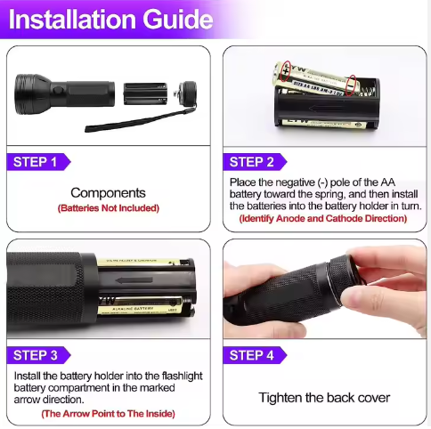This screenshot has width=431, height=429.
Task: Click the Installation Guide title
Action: [x=111, y=20]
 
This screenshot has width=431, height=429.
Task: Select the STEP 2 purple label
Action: [x=252, y=162]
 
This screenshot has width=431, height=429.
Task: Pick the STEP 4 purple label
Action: [x=252, y=355]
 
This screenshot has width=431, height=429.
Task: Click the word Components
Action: [x=108, y=192]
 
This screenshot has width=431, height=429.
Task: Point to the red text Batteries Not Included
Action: [x=108, y=208]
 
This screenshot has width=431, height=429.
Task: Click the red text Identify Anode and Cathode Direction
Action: [x=324, y=218]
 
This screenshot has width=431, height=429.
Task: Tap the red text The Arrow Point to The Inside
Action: [x=108, y=413]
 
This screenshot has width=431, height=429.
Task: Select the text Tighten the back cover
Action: [x=324, y=397]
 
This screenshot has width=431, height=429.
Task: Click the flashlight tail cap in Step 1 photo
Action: [x=186, y=92]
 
